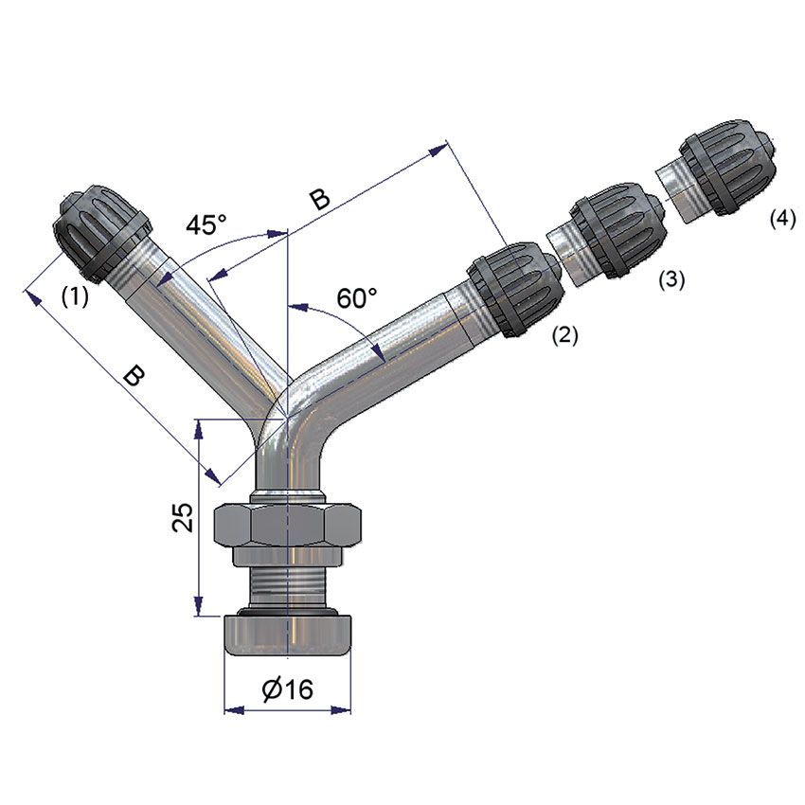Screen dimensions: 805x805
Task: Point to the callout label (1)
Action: [75, 296]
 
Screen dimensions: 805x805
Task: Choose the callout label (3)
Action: [671, 279]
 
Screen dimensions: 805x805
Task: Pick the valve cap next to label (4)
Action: [725, 173]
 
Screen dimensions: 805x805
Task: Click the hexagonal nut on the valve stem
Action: [288, 526]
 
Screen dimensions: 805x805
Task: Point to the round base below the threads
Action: [287, 635]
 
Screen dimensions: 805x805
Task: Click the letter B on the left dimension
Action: [135, 377]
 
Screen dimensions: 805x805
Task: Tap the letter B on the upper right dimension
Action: [320, 199]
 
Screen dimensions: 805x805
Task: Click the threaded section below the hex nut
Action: [287, 582]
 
